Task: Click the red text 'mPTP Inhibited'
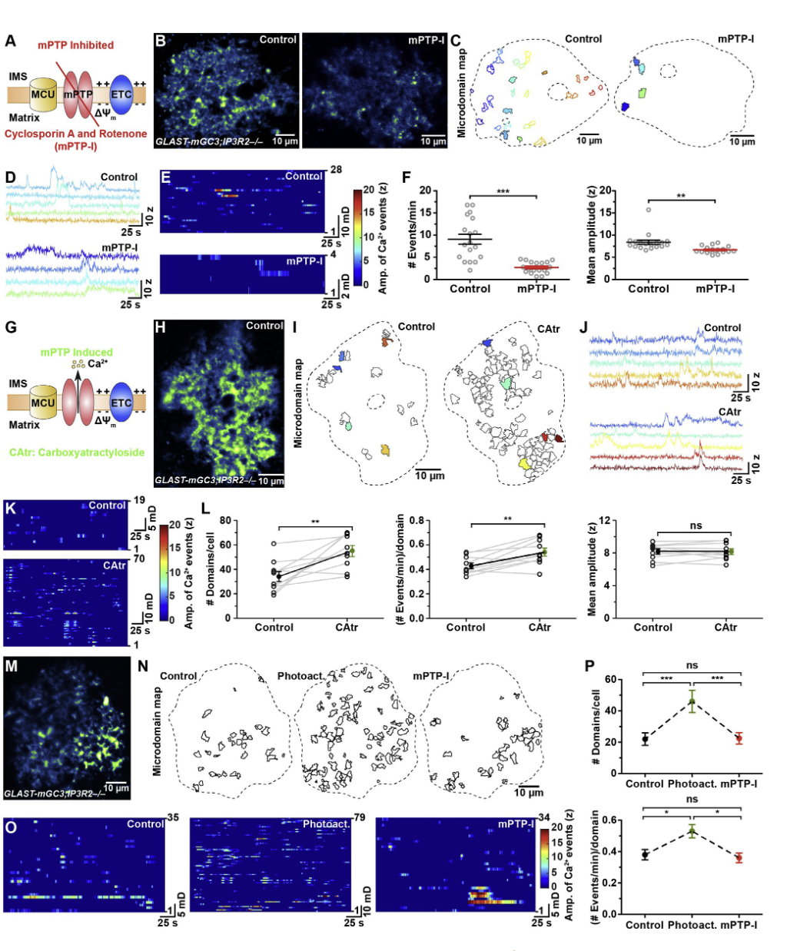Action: [75, 45]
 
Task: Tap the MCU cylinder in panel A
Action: [42, 95]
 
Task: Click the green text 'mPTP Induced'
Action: [76, 352]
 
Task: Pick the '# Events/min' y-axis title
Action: [411, 234]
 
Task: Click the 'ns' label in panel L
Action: [695, 526]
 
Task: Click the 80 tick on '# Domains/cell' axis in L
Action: [226, 520]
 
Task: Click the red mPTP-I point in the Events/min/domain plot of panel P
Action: [739, 858]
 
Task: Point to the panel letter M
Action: [11, 665]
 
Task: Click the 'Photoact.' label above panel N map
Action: [300, 676]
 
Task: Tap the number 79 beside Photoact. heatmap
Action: [359, 817]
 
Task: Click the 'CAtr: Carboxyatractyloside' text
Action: [77, 452]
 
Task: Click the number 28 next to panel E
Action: [336, 169]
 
